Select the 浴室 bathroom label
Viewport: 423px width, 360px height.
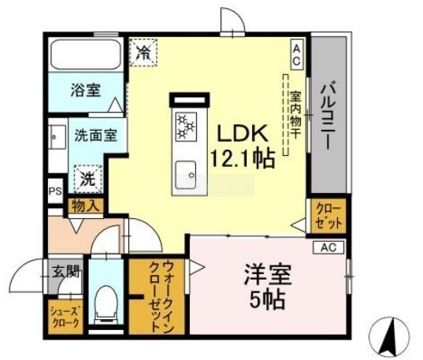(86, 90)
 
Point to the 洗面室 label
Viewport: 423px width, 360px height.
(96, 135)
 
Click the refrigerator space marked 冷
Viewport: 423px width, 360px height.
(143, 52)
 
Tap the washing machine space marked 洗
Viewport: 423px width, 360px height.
(88, 179)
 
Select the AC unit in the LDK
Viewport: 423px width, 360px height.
(297, 54)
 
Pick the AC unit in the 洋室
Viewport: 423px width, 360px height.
(328, 247)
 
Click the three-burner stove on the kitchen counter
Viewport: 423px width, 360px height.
(186, 127)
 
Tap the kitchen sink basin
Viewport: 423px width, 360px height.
(186, 175)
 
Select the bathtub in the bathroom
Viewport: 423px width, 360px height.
(86, 56)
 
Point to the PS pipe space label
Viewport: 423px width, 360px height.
(55, 191)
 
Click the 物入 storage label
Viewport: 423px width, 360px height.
(84, 206)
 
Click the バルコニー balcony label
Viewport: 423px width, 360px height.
(328, 117)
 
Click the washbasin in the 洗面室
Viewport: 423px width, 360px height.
(58, 137)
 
